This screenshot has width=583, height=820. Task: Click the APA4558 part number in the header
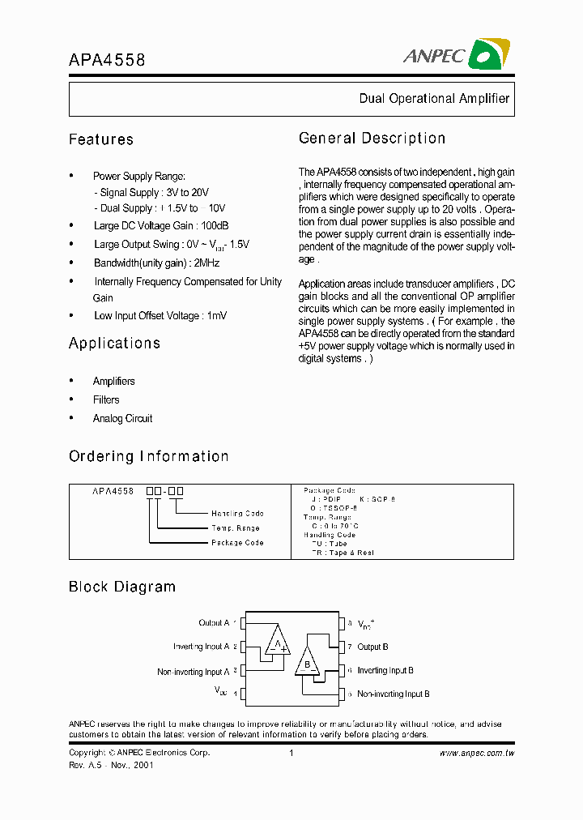point(107,59)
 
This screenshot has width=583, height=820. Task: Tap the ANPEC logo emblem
point(490,54)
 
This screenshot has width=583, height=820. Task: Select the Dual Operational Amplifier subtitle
point(434,98)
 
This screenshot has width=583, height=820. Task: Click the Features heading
point(101,139)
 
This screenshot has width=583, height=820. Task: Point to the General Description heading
point(372,138)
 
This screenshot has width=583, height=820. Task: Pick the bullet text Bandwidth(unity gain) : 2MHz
point(156,263)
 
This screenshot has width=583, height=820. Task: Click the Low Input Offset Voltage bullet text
point(160,315)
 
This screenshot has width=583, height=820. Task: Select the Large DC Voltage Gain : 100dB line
point(160,226)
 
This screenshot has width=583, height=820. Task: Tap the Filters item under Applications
point(106,399)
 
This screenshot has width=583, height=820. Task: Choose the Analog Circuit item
point(122,418)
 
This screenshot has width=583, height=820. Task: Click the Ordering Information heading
point(148,456)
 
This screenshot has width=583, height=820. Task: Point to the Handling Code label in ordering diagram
point(237,514)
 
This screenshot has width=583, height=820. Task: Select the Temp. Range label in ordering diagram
point(236,528)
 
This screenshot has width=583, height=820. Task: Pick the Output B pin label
point(372,647)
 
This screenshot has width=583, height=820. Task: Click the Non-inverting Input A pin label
point(193,672)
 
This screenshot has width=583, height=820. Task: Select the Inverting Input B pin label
point(385,670)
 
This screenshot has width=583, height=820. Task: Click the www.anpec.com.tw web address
point(477,753)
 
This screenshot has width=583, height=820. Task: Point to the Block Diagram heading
point(122,587)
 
